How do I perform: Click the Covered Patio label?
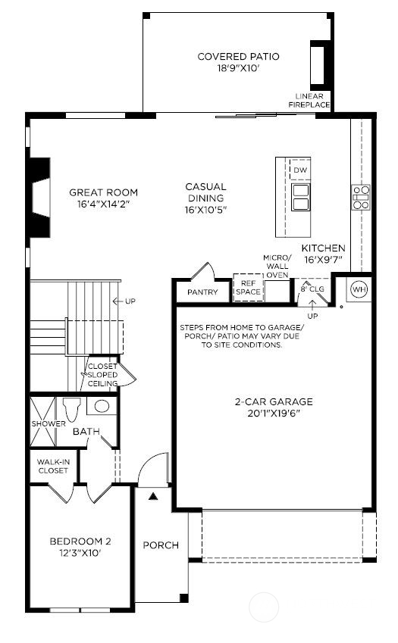[238, 62]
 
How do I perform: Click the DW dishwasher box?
[300, 171]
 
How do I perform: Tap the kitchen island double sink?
[301, 196]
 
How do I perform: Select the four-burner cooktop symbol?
[361, 197]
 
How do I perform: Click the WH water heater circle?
[359, 290]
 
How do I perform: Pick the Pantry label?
[202, 292]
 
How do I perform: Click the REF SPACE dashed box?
[247, 288]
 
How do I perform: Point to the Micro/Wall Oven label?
[277, 267]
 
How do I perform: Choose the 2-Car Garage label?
[274, 407]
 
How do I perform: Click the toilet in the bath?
[73, 410]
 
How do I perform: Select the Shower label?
[48, 424]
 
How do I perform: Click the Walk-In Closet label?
[52, 466]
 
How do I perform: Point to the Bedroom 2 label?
[80, 547]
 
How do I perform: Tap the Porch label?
[161, 545]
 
